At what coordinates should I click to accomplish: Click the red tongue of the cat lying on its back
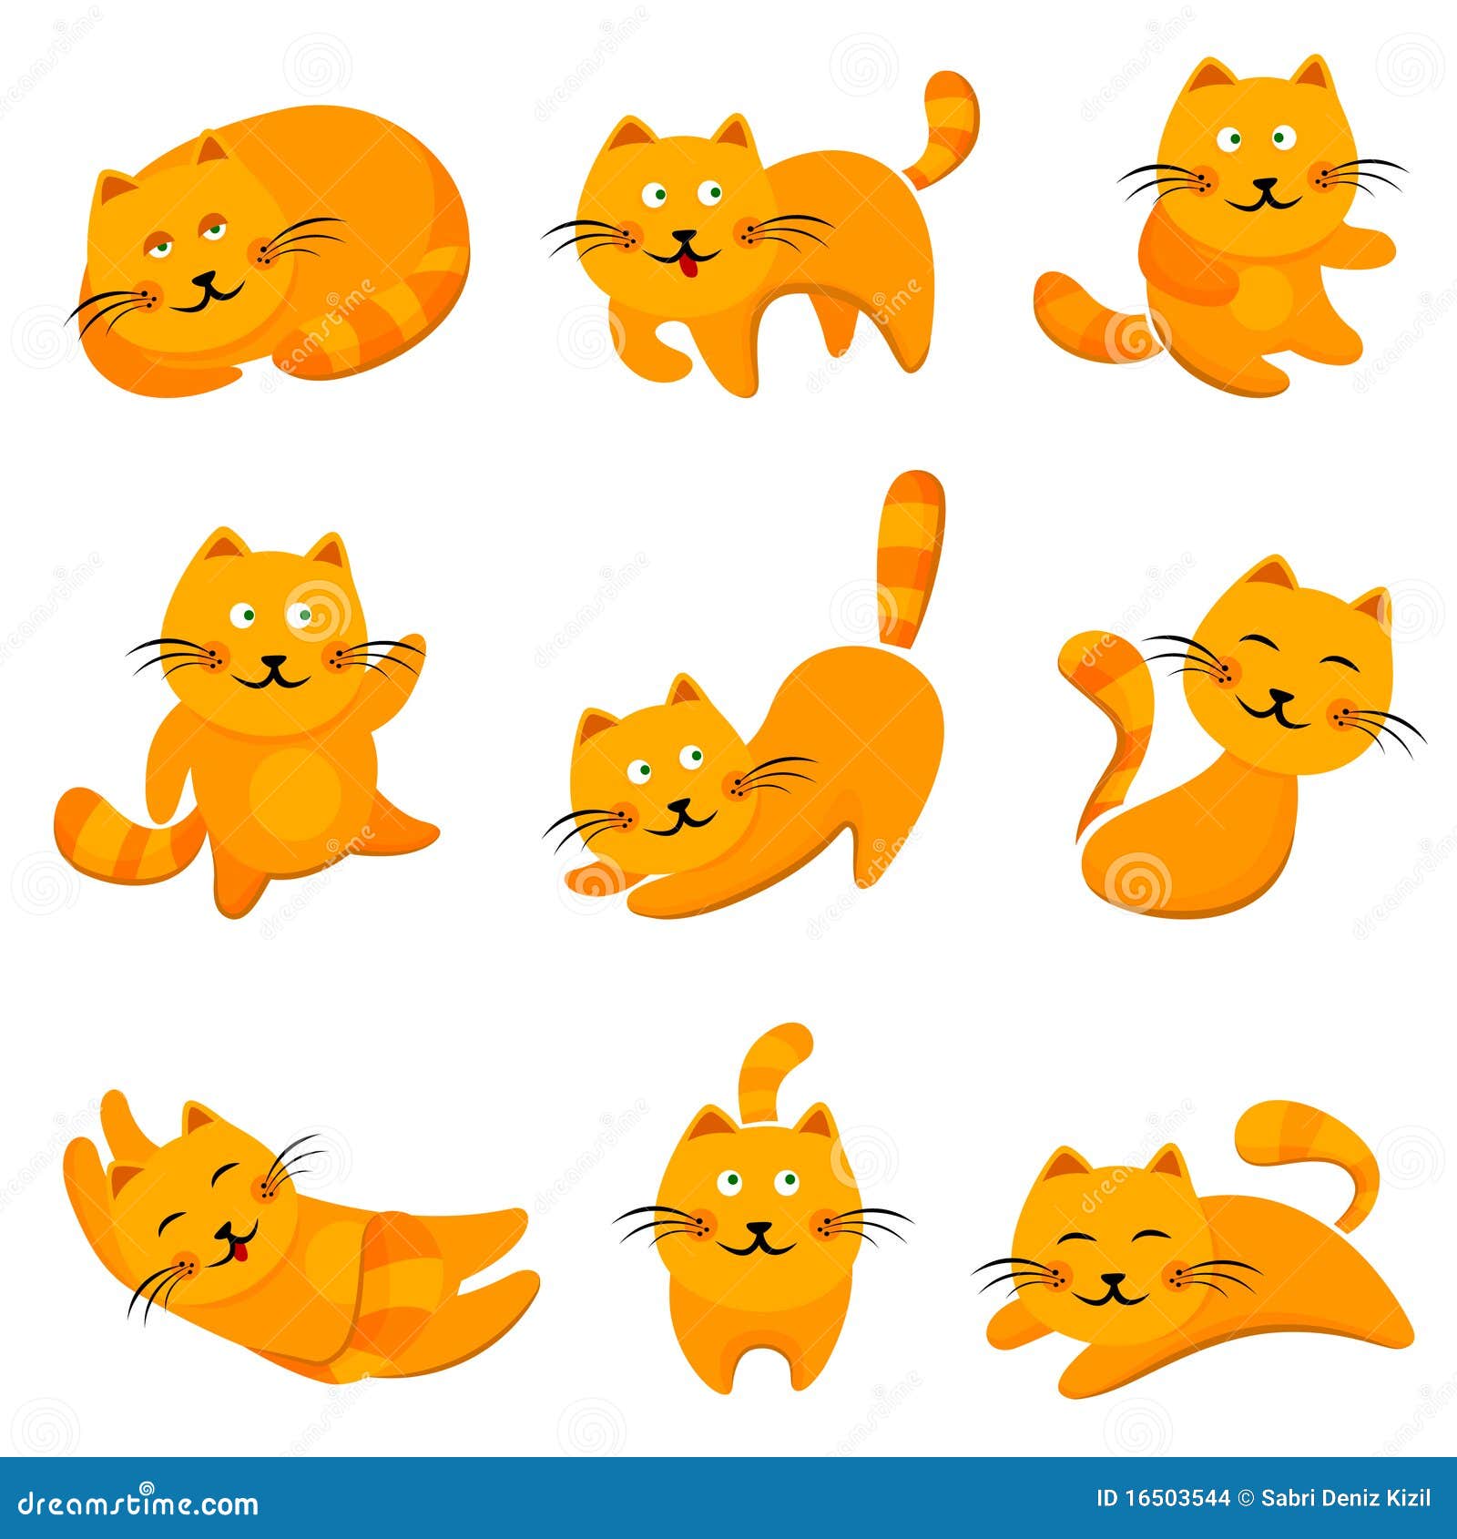[239, 1253]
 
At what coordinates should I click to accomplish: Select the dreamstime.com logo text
[138, 1503]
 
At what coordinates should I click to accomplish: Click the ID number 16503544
[1176, 1498]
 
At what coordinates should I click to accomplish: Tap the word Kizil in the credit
[1408, 1498]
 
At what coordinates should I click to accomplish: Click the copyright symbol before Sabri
[1245, 1498]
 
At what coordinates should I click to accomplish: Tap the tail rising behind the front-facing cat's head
[774, 1065]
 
